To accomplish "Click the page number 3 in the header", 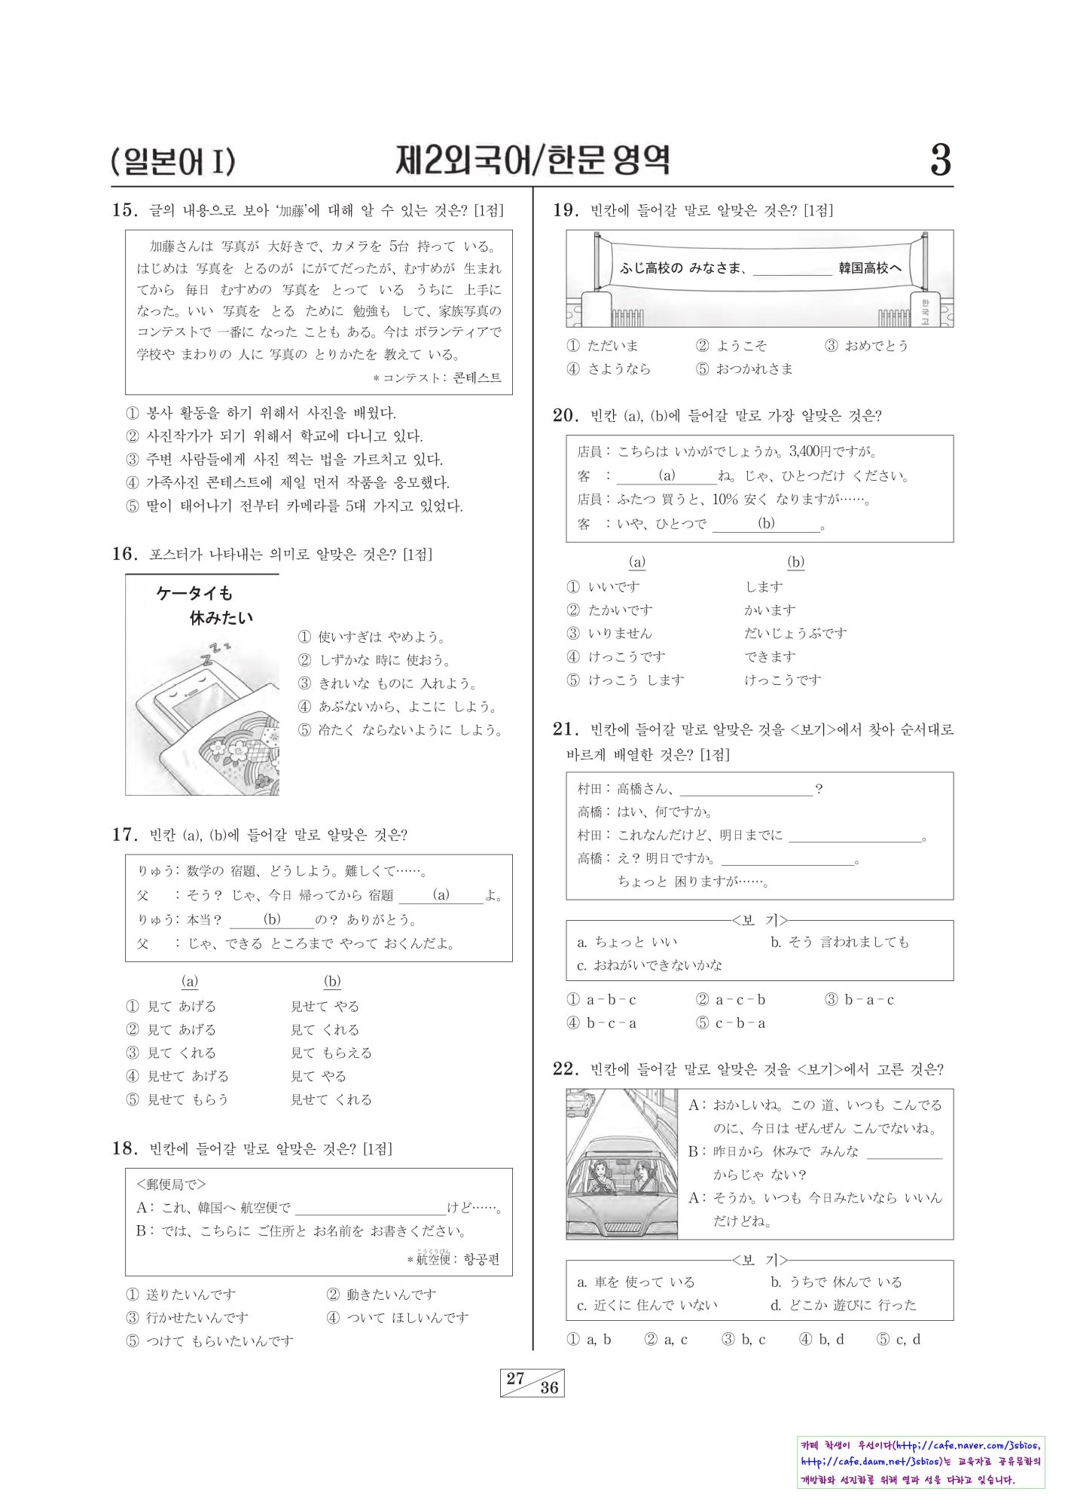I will (x=940, y=160).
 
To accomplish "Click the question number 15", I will (x=123, y=210).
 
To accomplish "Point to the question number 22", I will (x=565, y=1069).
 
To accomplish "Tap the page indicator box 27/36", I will (x=532, y=1383).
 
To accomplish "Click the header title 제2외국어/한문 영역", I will (x=532, y=160).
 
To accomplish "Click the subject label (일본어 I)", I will (x=172, y=161).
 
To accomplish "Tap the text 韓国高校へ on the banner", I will (x=870, y=267).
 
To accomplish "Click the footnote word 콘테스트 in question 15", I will (x=477, y=378).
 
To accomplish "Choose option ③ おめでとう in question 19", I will (x=866, y=346).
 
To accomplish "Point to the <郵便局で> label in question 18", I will (x=171, y=1184).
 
